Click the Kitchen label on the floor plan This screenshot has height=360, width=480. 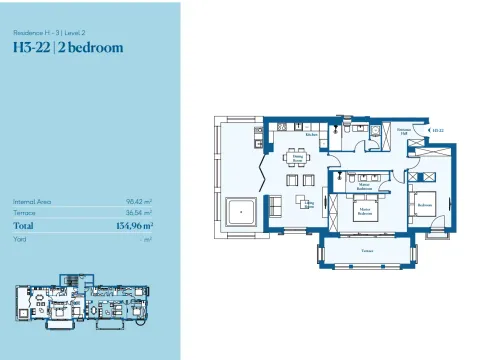(x=311, y=134)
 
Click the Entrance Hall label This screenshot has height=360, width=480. (x=405, y=131)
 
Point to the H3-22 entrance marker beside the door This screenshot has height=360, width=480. (x=436, y=130)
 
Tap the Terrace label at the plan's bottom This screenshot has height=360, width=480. (x=368, y=252)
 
